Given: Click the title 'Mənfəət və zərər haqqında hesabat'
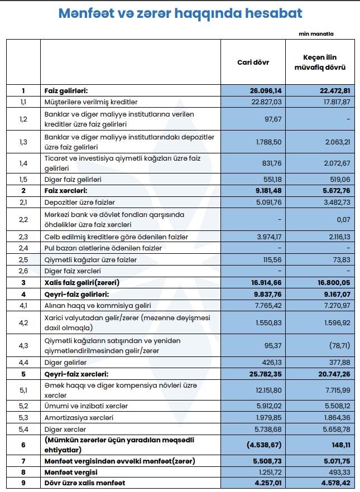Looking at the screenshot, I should [180, 14].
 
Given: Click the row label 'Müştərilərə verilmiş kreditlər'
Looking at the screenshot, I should [91, 102].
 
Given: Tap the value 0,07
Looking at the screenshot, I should [343, 220].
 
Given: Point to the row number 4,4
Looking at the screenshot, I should [23, 362].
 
